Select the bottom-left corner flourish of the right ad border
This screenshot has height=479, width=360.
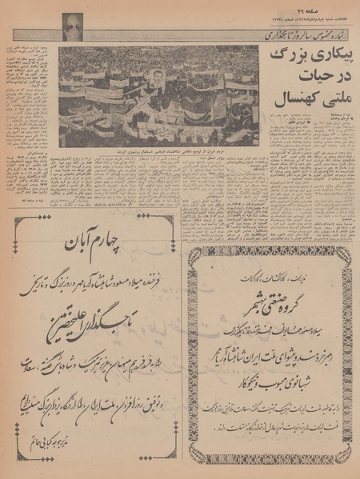click(194, 459)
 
